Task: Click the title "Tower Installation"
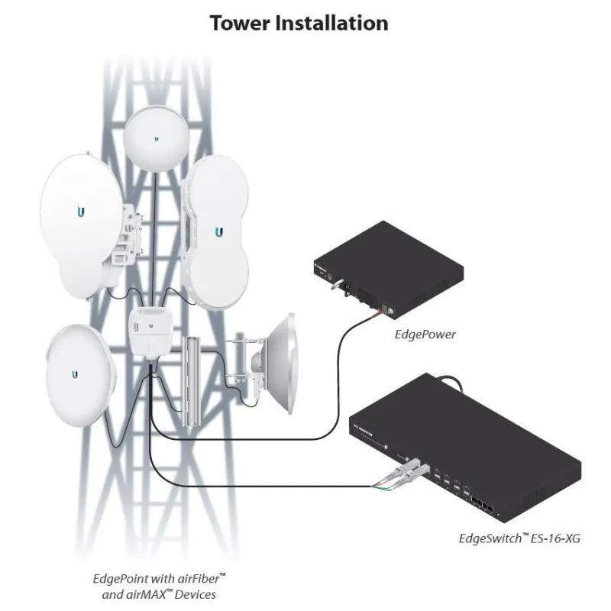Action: pos(299,23)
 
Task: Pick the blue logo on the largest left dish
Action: pos(81,212)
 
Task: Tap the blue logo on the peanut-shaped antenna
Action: pos(219,231)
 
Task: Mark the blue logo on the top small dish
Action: pos(156,139)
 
